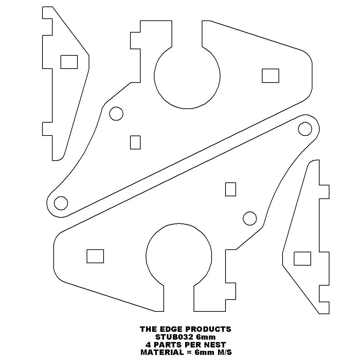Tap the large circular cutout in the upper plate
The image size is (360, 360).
(154, 76)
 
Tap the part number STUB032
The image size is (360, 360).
(175, 337)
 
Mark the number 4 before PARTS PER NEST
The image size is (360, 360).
(148, 345)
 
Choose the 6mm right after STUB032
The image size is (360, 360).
(206, 337)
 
